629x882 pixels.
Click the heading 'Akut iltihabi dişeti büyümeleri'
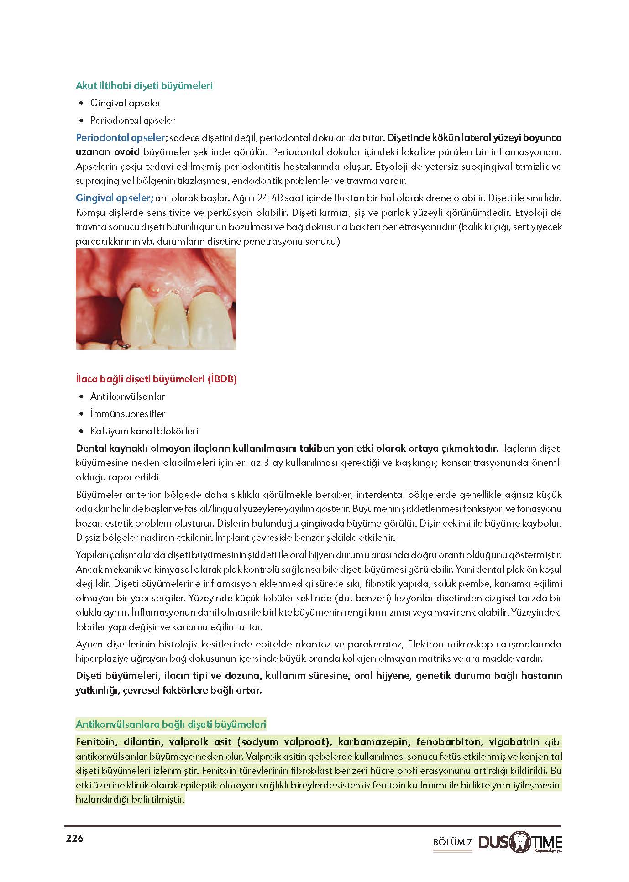144,85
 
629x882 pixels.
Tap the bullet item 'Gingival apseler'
125,103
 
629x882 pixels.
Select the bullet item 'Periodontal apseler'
132,120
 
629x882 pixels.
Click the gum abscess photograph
156,299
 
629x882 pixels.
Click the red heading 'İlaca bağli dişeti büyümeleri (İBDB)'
156,379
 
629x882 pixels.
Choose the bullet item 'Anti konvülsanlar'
127,397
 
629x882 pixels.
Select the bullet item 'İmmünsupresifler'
127,414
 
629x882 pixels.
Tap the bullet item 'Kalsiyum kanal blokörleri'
144,431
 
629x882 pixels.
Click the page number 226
75,838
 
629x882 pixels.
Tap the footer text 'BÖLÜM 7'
452,842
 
